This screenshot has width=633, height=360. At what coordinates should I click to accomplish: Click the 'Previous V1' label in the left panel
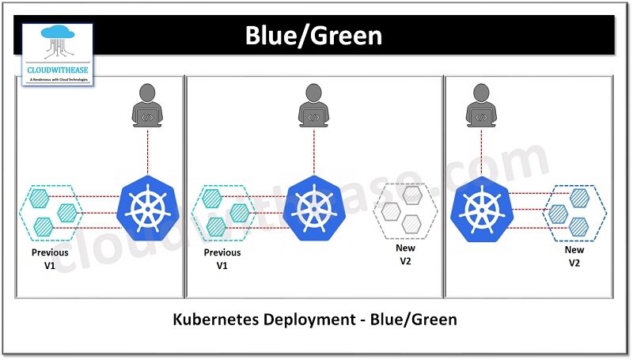coord(50,260)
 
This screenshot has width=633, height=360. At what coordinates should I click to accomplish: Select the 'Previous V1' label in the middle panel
coord(222,260)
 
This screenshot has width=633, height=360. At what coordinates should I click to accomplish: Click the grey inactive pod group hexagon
coord(405,210)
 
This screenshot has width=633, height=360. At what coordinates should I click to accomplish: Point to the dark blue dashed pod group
coord(574,211)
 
